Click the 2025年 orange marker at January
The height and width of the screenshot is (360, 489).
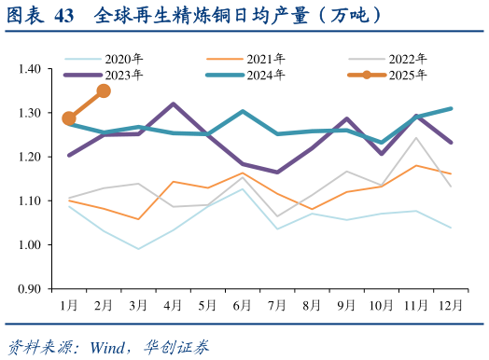[69, 118]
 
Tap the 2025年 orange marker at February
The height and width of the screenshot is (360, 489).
[104, 90]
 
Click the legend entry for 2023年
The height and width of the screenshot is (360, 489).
[121, 74]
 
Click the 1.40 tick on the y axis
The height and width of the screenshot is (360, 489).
[31, 69]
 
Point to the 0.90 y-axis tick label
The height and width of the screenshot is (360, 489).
[31, 288]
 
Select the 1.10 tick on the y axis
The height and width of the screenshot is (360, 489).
[31, 201]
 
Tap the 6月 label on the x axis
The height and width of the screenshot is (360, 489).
[243, 305]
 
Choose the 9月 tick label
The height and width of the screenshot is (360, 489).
[347, 305]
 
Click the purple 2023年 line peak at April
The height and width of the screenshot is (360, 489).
[174, 104]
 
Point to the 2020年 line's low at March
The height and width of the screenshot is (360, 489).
[138, 249]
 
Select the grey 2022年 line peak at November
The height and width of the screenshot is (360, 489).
[417, 138]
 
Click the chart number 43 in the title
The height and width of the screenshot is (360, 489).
[64, 16]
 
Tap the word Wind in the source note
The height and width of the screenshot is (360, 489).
[108, 347]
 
